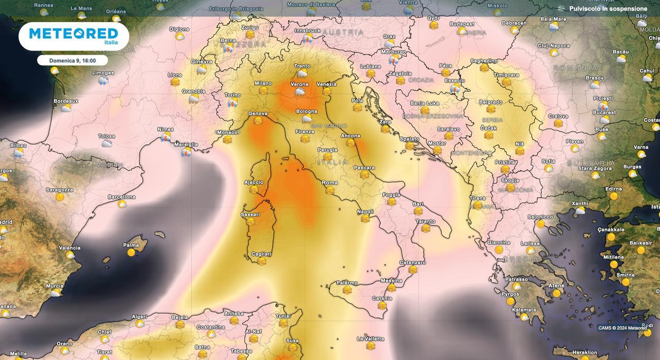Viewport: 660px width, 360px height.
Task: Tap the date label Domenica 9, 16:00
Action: pos(72,60)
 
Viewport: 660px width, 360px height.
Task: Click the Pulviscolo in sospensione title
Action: pos(608,9)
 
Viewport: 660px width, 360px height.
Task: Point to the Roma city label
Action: pos(329,183)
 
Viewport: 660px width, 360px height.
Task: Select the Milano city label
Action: pos(263,83)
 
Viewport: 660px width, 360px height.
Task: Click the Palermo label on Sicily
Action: pos(347,283)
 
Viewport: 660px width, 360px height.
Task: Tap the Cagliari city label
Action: pos(261,254)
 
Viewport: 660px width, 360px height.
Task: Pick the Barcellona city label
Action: pos(122,197)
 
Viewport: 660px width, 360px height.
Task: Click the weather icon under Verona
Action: pos(299,92)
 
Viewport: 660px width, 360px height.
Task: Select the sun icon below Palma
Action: pos(131,253)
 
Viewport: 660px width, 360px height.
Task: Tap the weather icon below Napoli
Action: pos(365,219)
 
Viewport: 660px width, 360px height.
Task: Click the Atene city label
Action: pos(556,286)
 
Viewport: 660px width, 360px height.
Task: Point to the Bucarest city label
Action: pos(604,112)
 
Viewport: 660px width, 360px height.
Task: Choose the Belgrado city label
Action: pos(490,102)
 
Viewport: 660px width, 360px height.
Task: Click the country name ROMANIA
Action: pos(575,68)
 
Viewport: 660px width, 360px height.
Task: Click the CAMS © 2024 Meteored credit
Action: pos(622,328)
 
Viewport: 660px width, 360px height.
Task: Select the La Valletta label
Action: pos(370,339)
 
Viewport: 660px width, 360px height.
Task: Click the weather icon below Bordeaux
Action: pos(66,108)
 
